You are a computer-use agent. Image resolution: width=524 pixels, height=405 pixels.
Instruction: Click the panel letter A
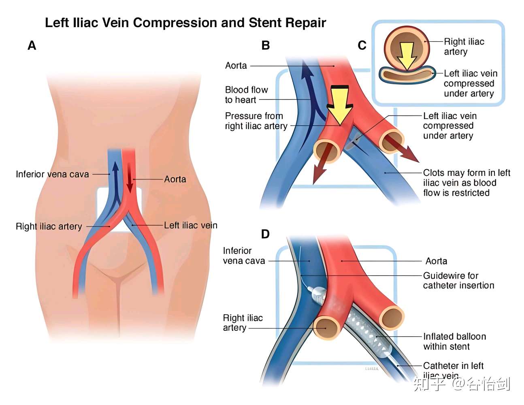(32, 45)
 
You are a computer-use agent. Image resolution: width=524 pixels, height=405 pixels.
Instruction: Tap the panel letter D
(265, 234)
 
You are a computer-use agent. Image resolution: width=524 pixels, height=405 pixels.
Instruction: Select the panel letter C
(362, 45)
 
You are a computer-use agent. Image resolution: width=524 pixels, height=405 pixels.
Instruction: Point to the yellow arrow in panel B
(339, 104)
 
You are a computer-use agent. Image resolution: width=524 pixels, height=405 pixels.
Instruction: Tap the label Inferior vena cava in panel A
(52, 174)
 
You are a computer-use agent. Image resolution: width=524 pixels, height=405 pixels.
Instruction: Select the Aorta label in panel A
(175, 179)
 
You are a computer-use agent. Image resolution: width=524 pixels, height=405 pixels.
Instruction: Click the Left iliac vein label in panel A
(190, 225)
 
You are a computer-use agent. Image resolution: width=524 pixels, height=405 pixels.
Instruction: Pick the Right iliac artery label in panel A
(49, 226)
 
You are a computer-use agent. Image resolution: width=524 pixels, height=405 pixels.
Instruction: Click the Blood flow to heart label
(246, 95)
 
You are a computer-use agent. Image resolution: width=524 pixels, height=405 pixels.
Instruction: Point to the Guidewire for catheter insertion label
(458, 281)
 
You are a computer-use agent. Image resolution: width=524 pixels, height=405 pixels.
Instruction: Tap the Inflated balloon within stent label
(454, 341)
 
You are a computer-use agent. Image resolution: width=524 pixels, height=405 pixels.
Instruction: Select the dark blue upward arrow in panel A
(116, 178)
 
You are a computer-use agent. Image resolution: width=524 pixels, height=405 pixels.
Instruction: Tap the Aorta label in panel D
(436, 261)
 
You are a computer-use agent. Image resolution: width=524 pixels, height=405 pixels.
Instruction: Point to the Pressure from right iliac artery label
(256, 121)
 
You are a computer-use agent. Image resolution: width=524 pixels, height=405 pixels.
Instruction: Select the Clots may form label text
(466, 183)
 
